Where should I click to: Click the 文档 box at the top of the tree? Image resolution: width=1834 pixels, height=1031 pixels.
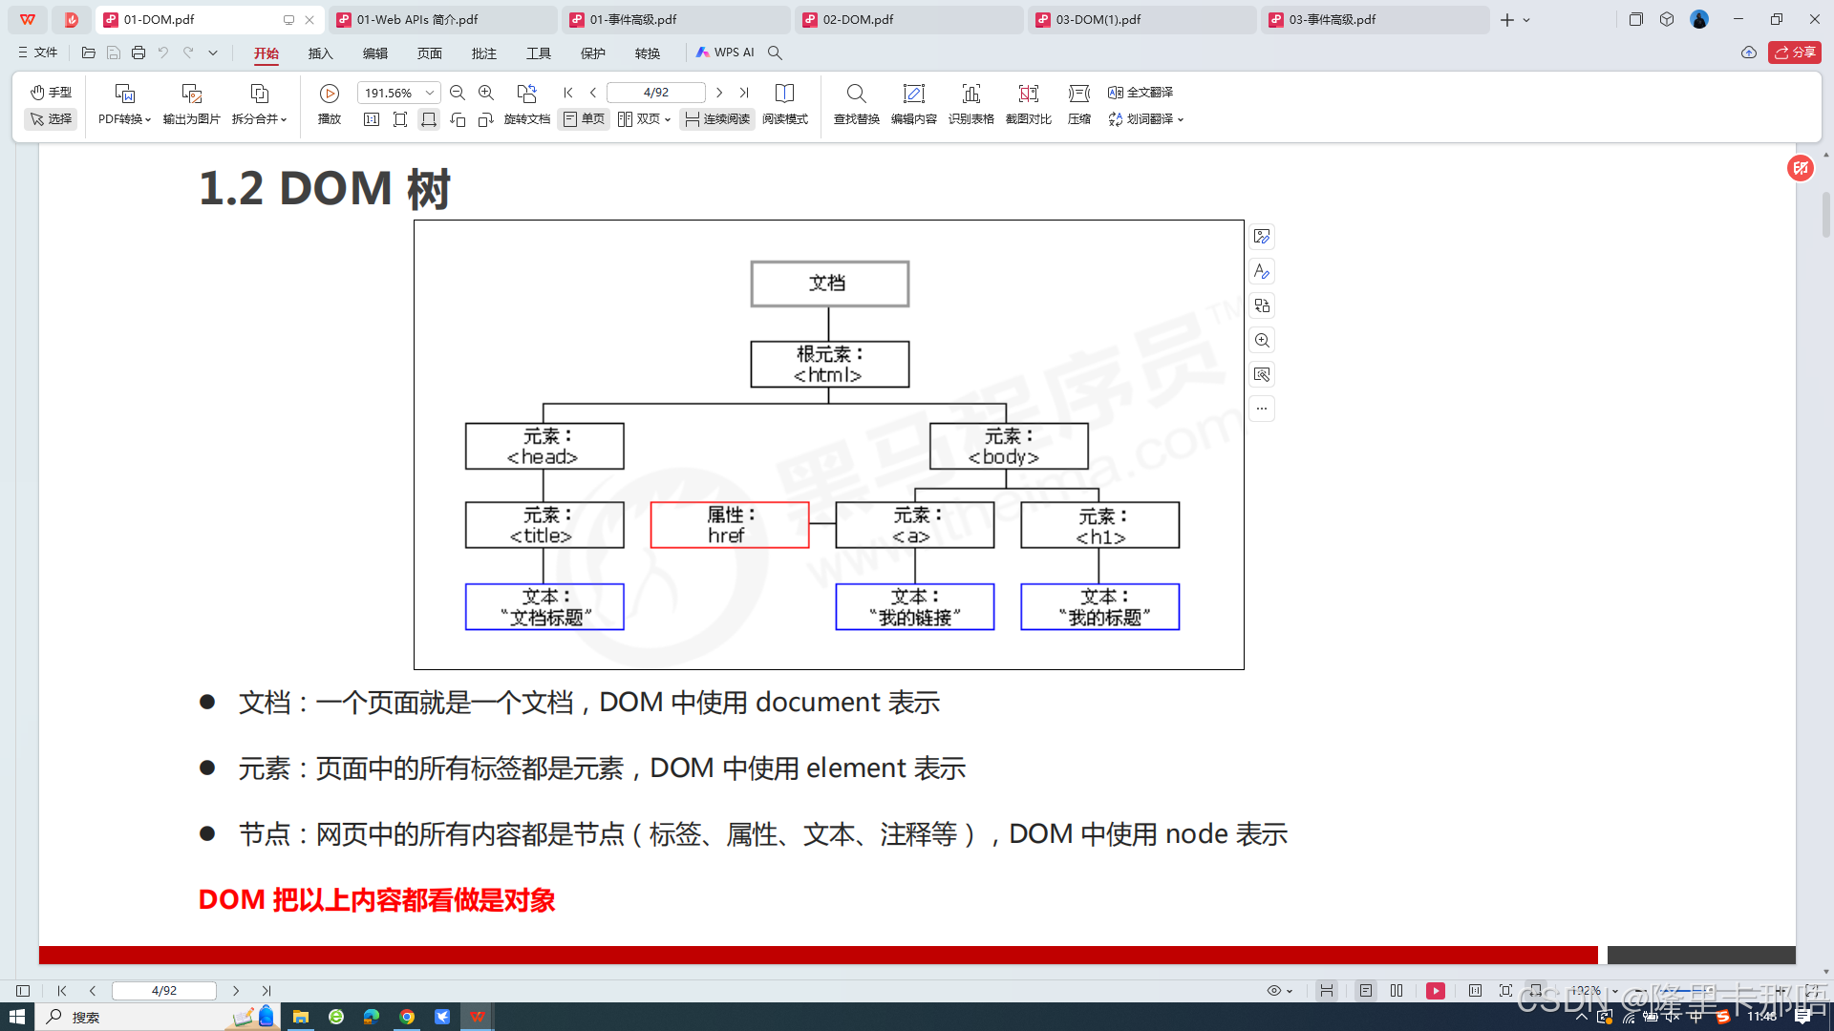(829, 284)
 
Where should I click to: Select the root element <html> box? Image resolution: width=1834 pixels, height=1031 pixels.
(829, 365)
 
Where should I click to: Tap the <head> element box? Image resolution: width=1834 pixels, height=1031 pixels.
(544, 447)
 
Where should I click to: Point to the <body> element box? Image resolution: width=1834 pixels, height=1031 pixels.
(1008, 447)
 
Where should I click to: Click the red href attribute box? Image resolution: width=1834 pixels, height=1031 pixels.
(730, 525)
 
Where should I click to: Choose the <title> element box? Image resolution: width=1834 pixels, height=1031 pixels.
(544, 525)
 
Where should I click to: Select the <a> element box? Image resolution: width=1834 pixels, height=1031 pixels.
(914, 525)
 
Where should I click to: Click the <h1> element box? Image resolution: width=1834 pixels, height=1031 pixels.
(1099, 525)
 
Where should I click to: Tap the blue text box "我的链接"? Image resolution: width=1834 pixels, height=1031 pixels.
(914, 607)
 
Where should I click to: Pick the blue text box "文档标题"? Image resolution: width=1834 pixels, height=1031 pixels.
(544, 607)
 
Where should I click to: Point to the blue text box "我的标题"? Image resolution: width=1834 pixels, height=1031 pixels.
(1099, 607)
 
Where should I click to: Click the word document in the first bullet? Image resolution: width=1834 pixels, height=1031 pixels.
(818, 703)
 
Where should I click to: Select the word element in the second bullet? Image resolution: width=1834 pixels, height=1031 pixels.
(856, 768)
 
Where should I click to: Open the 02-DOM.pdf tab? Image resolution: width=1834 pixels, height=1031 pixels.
(858, 19)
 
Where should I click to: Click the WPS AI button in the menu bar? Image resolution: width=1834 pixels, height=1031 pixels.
(726, 53)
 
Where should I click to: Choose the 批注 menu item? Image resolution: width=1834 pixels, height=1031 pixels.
(484, 53)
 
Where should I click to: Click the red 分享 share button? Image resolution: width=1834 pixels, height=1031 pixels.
(1795, 53)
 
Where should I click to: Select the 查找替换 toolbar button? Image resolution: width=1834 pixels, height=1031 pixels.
(856, 103)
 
